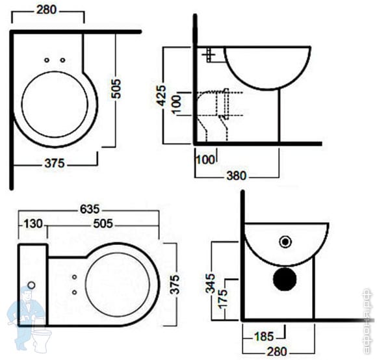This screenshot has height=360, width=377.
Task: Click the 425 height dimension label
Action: click(x=161, y=96)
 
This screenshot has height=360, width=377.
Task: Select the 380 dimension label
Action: click(x=237, y=175)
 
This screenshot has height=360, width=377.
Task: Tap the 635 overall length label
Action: click(x=90, y=209)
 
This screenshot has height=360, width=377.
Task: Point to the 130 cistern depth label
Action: click(x=33, y=224)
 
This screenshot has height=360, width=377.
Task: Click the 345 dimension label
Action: click(x=211, y=283)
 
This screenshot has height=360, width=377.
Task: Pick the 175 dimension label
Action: click(x=222, y=299)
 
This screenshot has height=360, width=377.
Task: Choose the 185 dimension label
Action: click(x=264, y=337)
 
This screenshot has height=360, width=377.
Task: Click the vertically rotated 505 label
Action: click(x=116, y=88)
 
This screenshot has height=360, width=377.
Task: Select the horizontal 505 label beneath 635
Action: click(x=103, y=224)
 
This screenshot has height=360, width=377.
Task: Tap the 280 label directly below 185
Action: click(x=277, y=352)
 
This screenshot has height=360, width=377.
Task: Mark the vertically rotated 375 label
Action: click(x=175, y=285)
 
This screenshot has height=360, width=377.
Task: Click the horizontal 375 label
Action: click(x=55, y=163)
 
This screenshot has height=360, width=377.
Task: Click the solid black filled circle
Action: click(x=285, y=279)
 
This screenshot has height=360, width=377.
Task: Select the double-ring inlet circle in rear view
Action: click(x=285, y=242)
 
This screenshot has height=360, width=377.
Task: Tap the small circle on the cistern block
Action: click(x=31, y=285)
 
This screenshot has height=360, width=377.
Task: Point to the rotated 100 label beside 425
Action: click(x=176, y=104)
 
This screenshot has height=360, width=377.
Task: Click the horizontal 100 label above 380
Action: click(x=205, y=160)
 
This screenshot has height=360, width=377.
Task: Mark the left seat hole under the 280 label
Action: click(x=47, y=60)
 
